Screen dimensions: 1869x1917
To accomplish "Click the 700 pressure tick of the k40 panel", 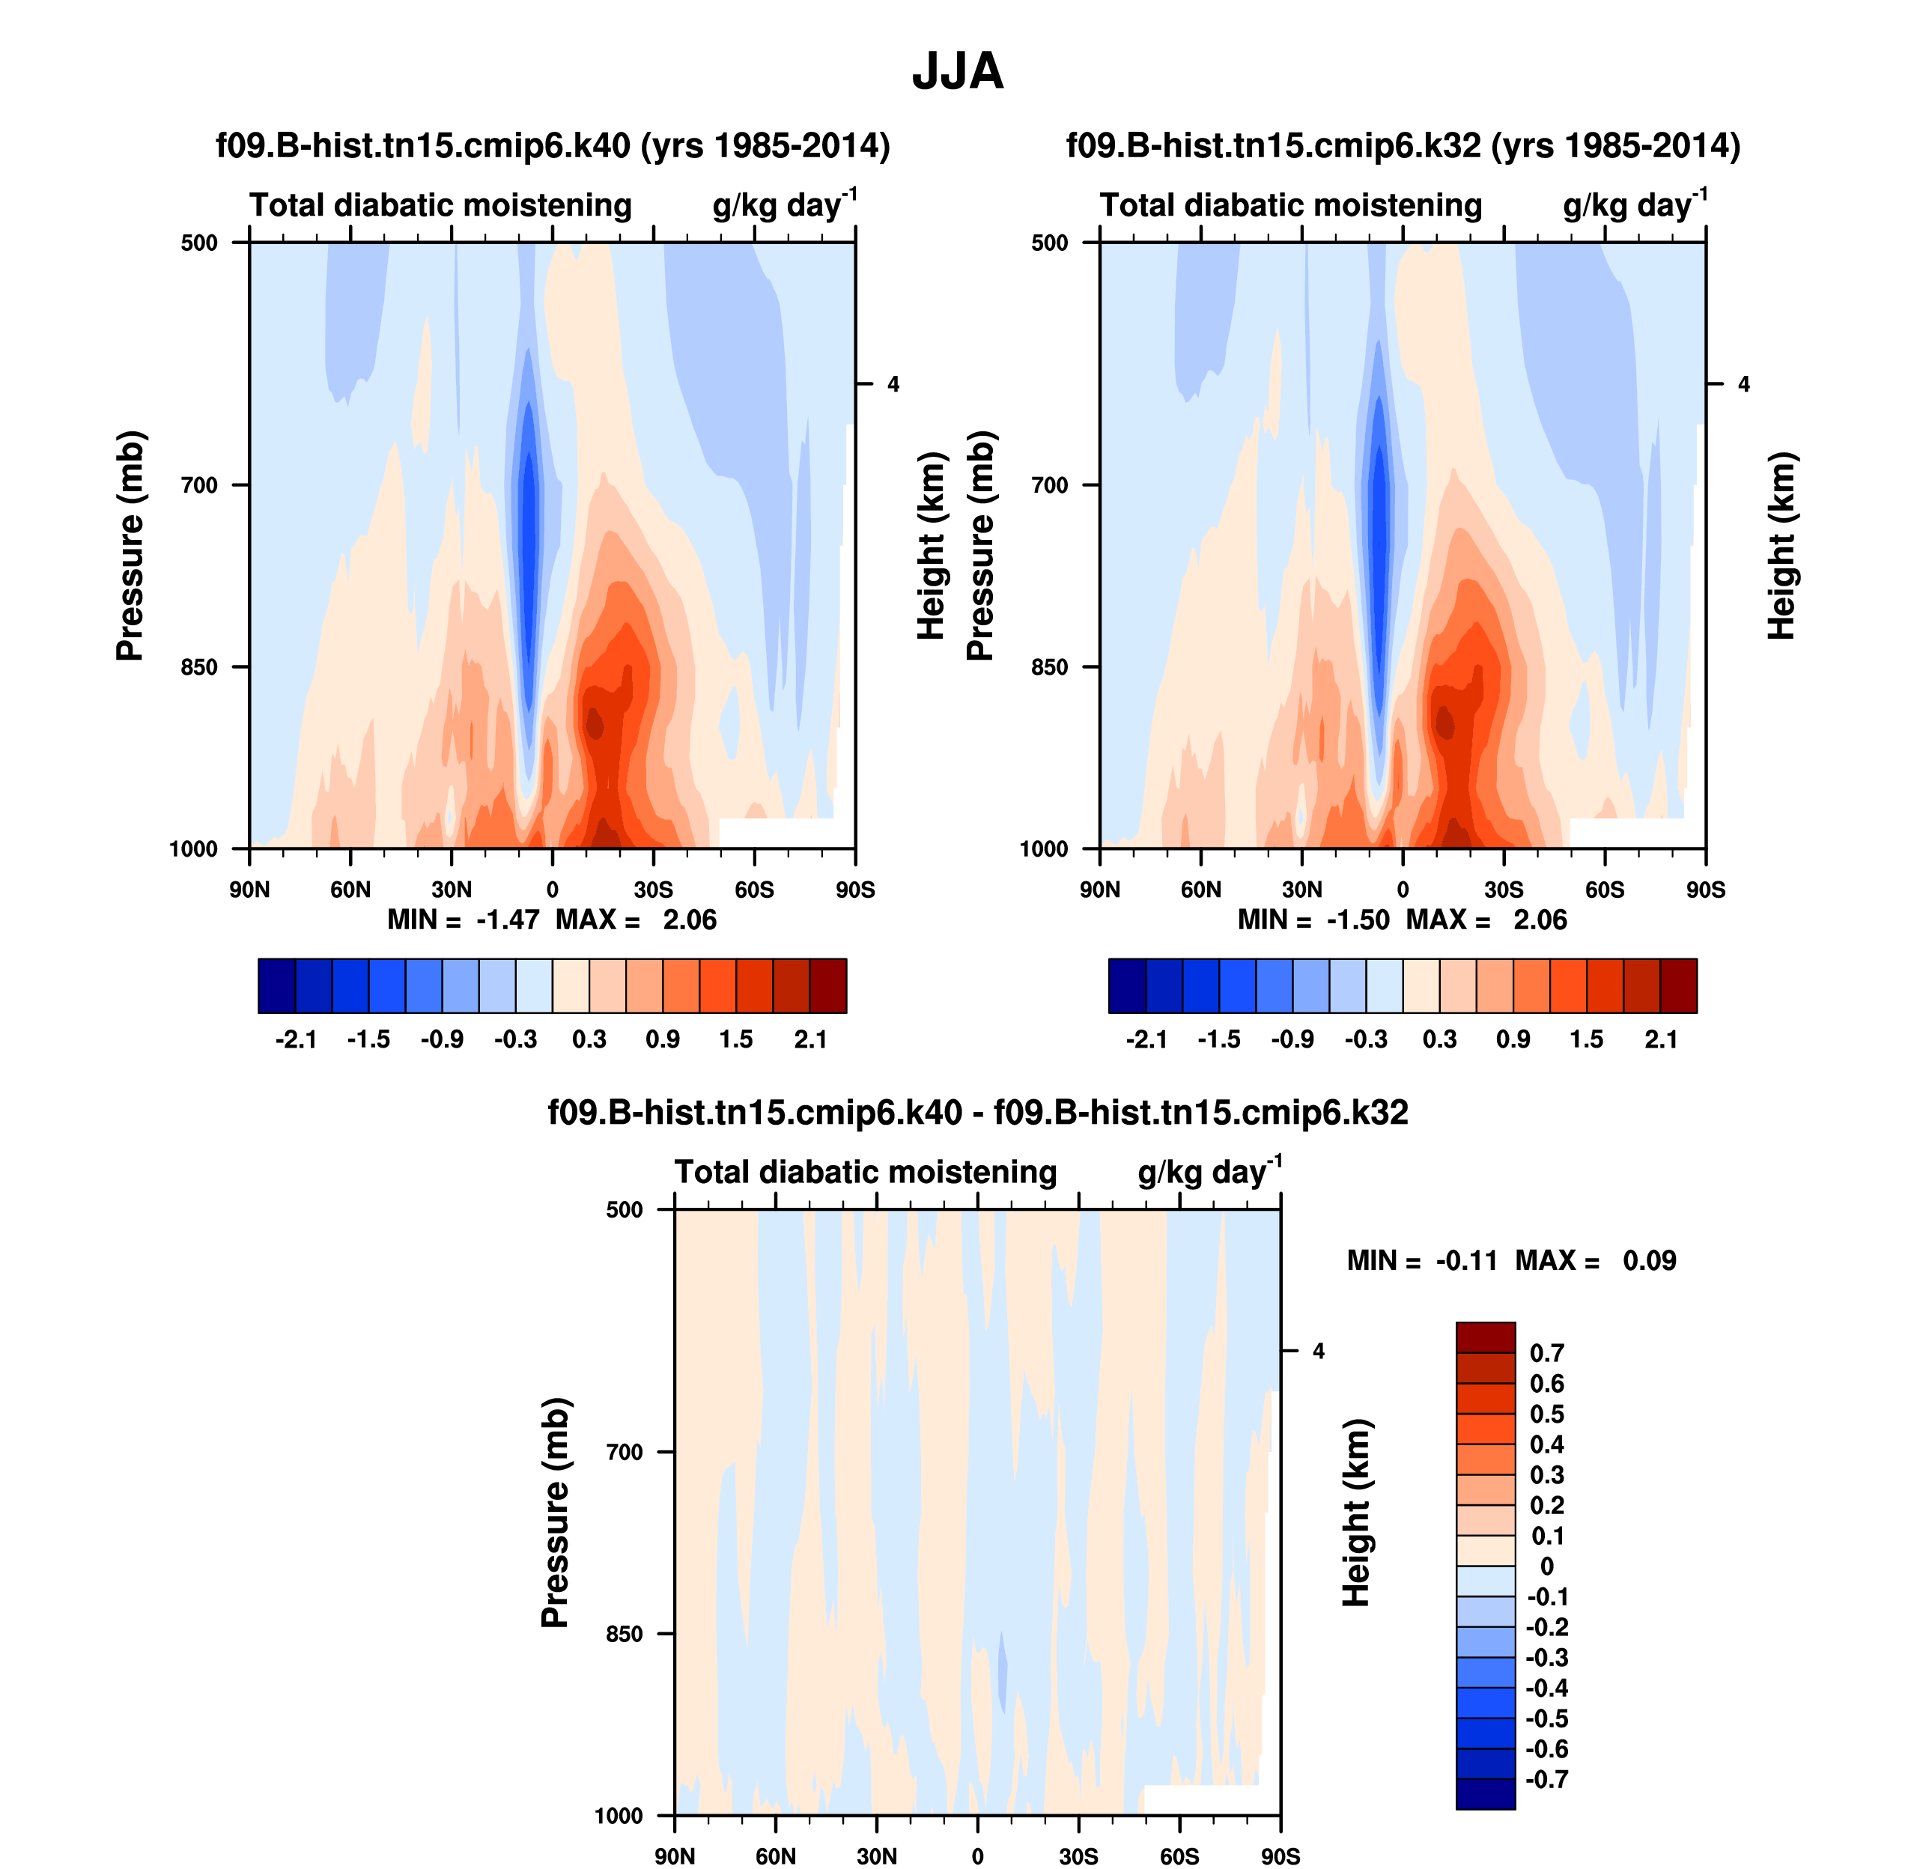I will pyautogui.click(x=199, y=485).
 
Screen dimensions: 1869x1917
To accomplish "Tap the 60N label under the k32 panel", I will pyautogui.click(x=1200, y=890).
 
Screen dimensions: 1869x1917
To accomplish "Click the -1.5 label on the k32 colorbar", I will pyautogui.click(x=1218, y=1039).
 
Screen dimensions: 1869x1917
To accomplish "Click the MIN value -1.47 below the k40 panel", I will pyautogui.click(x=508, y=920).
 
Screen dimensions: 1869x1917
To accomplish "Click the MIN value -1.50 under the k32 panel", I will pyautogui.click(x=1358, y=920).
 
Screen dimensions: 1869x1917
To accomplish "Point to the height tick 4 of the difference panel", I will pyautogui.click(x=1318, y=1352).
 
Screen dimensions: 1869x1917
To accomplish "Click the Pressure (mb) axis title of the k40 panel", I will pyautogui.click(x=130, y=546).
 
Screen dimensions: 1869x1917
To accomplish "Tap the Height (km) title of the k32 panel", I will pyautogui.click(x=1781, y=546).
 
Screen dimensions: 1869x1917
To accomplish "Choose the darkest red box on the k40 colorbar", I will pyautogui.click(x=827, y=985).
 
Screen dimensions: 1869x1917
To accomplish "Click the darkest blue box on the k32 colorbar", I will pyautogui.click(x=1127, y=985).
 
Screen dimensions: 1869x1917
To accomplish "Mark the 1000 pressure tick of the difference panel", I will pyautogui.click(x=619, y=1816).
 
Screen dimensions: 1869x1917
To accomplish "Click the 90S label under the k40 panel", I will pyautogui.click(x=855, y=890).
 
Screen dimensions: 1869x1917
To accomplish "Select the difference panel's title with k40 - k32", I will pyautogui.click(x=978, y=1112).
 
